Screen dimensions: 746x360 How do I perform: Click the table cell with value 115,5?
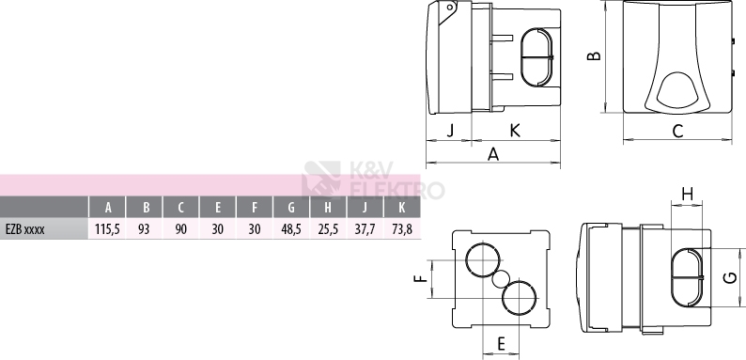(107, 229)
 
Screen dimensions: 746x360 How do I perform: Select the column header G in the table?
(291, 208)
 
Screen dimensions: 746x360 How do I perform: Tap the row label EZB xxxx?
(25, 229)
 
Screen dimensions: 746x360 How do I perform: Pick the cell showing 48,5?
(291, 229)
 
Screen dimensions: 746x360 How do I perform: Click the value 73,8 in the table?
(402, 229)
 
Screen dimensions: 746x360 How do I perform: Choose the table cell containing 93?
(144, 229)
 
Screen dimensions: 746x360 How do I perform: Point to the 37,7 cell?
(365, 229)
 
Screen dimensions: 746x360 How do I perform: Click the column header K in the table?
(402, 208)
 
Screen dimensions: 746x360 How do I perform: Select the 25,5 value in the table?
(328, 229)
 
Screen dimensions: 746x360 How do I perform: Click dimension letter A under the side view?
(493, 154)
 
